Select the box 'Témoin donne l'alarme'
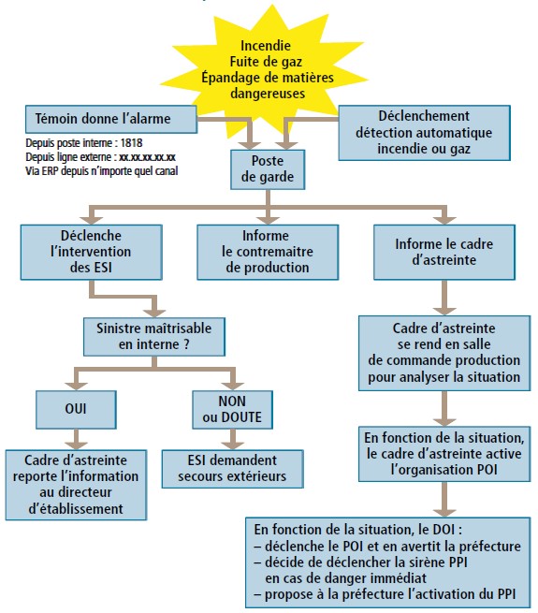[111, 119]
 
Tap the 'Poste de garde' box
[268, 169]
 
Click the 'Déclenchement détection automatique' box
[424, 133]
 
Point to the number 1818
[131, 143]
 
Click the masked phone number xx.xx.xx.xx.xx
[147, 157]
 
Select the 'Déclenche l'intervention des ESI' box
[91, 252]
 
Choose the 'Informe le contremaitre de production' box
[268, 252]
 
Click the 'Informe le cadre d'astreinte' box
[444, 252]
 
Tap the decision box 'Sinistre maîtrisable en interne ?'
[154, 337]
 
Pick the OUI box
[76, 409]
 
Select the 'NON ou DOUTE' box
[232, 409]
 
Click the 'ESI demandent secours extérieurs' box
[233, 469]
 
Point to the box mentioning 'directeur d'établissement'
[76, 485]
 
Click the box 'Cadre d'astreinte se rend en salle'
[444, 353]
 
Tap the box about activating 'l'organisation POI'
[444, 454]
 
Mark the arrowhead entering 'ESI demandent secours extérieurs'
[233, 445]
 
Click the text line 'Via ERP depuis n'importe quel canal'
[102, 171]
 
